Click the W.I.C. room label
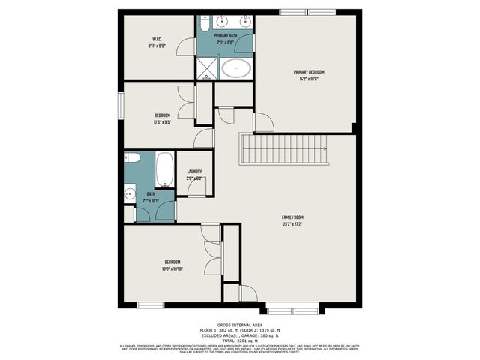click(157, 40)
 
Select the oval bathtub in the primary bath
click(237, 70)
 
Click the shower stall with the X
click(205, 69)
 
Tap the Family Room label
click(292, 217)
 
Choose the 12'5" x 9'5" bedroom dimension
click(162, 121)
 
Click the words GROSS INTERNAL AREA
click(239, 325)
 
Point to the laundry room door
click(196, 187)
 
